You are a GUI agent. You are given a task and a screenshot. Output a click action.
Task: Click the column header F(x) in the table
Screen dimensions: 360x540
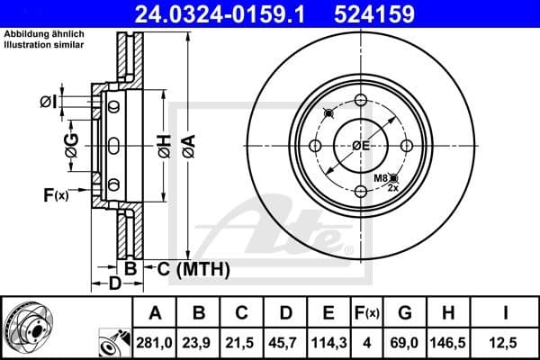click(370, 313)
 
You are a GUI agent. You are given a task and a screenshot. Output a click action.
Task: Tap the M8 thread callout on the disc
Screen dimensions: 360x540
click(382, 180)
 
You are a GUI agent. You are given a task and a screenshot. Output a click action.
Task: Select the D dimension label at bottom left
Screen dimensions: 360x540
click(114, 284)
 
